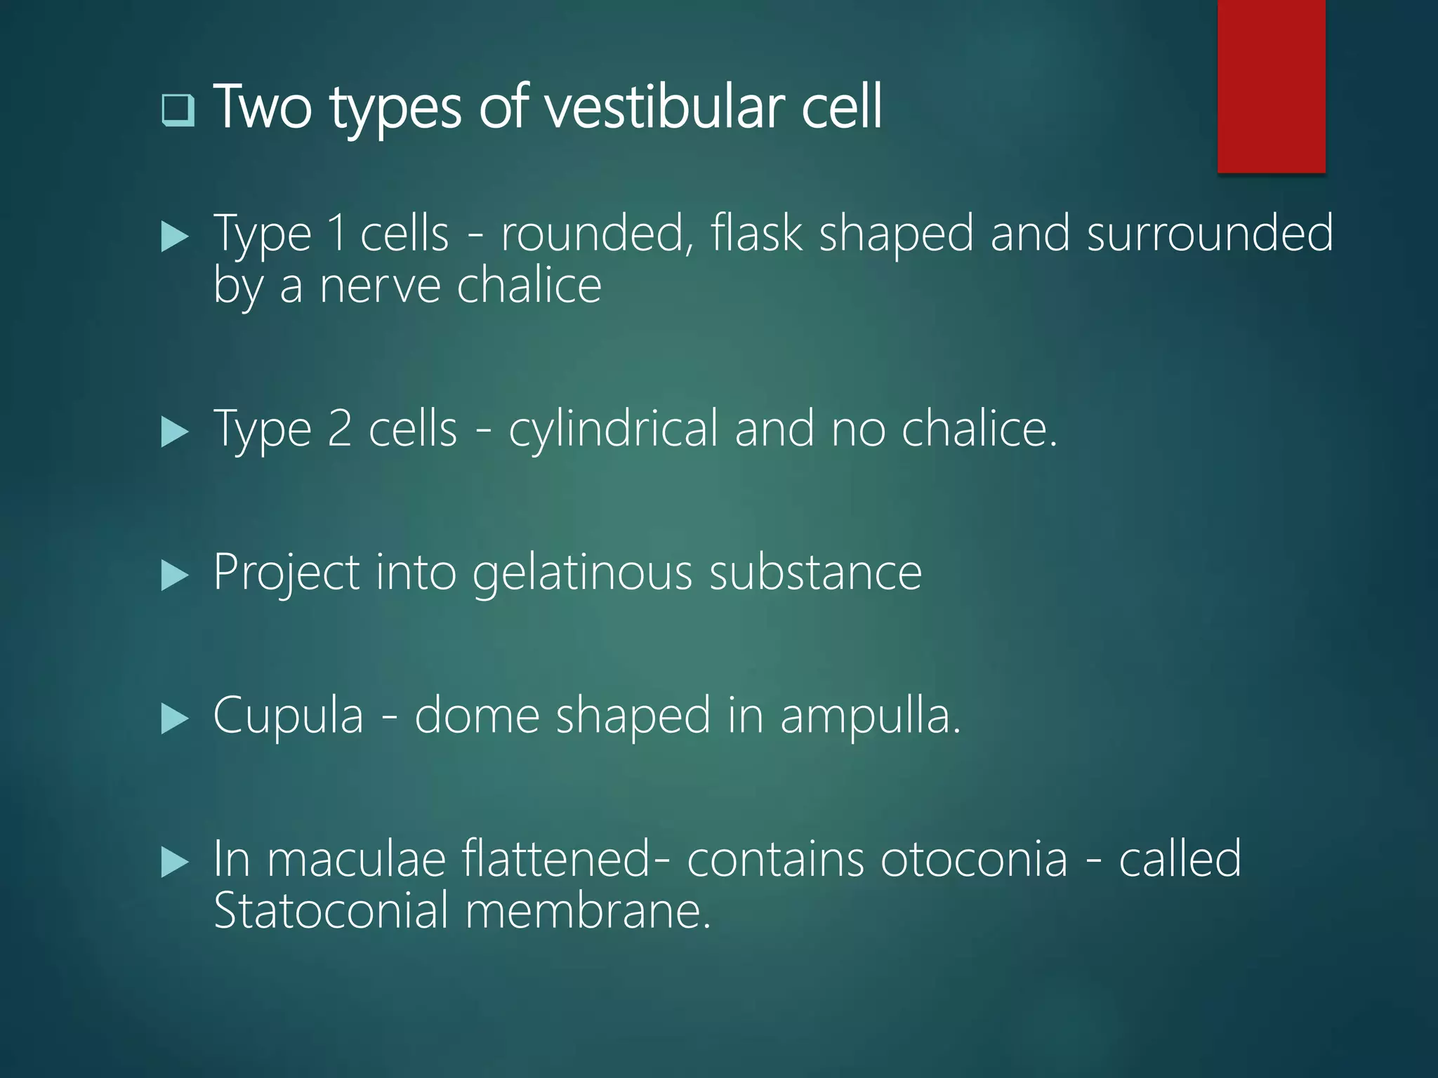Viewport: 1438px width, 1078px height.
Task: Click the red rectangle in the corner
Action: point(1271,86)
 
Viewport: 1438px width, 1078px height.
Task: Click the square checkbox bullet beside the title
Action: point(178,110)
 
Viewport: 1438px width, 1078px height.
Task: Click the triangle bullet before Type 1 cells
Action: point(175,237)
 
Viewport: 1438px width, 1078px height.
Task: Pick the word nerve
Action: point(380,286)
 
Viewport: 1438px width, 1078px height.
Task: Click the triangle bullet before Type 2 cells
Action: point(175,432)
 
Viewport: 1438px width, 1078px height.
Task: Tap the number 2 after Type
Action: point(340,429)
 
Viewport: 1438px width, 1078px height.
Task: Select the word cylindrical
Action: point(613,429)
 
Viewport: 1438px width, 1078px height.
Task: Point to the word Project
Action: point(286,573)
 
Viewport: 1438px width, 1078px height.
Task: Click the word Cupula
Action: point(289,717)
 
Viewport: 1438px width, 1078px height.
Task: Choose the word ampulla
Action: point(870,717)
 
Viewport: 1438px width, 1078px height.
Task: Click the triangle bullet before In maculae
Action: point(175,863)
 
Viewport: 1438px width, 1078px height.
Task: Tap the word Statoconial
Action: point(331,911)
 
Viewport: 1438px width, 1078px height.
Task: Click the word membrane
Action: point(588,911)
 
